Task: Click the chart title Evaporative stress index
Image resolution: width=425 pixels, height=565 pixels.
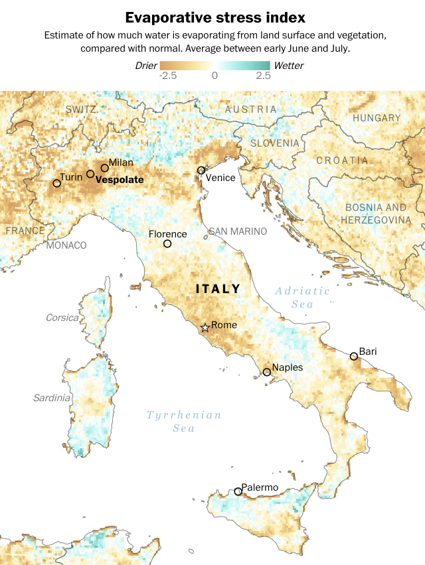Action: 212,17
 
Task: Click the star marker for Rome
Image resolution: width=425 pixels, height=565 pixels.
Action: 205,327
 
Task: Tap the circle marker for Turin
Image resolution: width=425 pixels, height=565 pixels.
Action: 57,183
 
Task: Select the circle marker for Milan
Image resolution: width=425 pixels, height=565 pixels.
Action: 104,168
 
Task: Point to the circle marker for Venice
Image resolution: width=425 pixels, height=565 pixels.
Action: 201,170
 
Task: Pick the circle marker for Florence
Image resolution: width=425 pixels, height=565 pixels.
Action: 167,243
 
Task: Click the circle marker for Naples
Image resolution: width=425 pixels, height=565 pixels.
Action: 267,372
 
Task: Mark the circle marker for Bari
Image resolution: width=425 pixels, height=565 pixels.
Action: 354,356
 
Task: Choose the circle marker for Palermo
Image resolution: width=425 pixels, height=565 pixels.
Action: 238,491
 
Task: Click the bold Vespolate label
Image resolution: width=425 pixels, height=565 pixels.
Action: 120,179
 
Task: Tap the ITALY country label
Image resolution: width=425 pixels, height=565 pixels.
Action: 218,289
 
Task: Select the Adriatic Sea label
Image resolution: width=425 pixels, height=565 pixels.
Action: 302,297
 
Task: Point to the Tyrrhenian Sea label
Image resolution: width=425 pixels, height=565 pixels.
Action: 184,421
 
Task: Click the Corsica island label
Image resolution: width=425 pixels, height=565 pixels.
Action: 62,318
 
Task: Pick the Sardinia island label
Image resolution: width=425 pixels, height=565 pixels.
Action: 52,398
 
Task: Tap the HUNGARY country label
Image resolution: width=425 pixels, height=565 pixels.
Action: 377,118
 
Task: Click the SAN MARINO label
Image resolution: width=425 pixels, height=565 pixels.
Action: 238,231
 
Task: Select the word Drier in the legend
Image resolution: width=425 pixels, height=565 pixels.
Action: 146,66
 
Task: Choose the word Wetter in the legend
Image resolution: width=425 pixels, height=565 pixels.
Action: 288,66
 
